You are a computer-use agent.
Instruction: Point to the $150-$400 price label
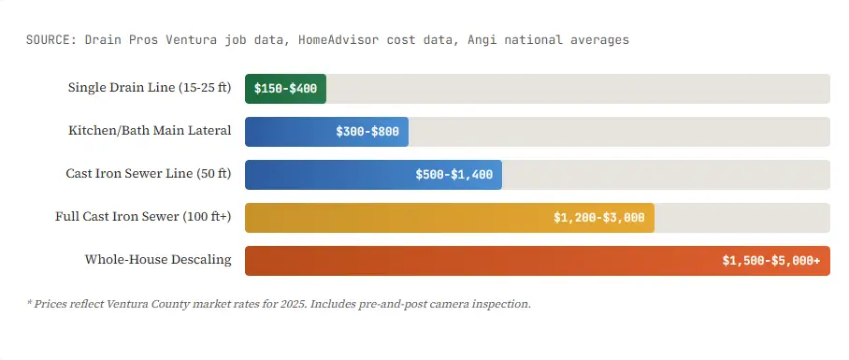[286, 89]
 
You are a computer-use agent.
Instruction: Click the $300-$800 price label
[367, 132]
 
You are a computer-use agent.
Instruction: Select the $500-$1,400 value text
[454, 175]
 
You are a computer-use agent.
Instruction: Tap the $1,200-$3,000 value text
[598, 218]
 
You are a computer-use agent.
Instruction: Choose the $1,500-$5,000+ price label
[770, 261]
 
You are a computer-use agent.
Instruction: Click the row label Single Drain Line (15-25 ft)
[150, 88]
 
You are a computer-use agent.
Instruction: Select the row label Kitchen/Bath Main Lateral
[150, 131]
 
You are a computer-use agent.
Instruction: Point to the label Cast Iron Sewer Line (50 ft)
[149, 174]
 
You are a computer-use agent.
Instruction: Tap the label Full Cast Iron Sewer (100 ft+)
[143, 217]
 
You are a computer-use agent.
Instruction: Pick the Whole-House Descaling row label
[158, 260]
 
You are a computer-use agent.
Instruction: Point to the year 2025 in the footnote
[292, 304]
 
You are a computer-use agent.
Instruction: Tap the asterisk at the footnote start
[30, 303]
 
